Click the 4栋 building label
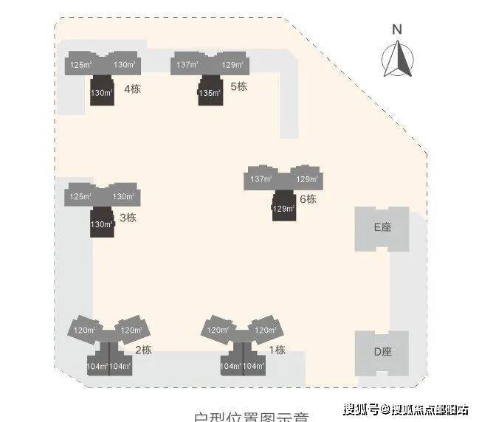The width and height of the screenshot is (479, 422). coord(132,90)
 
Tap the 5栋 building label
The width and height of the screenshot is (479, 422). coord(238,87)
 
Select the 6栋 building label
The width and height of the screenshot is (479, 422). coord(307,199)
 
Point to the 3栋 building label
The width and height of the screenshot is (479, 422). coord(128,218)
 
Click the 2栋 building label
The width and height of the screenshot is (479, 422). coord(142,350)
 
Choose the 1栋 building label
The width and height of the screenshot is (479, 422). coord(277,350)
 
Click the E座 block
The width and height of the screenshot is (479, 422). coord(382,228)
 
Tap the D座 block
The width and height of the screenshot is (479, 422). coord(382,352)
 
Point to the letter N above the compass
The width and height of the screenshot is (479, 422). coord(397,30)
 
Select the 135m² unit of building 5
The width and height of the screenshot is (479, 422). coord(209,94)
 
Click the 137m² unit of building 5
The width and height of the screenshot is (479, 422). coord(187,65)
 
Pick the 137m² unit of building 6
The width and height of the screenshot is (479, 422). coord(261,179)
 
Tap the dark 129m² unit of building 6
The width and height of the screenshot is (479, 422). coord(283,209)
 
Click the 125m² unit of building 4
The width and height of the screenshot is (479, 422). coord(80,66)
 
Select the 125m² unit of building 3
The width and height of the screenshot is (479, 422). coord(80,197)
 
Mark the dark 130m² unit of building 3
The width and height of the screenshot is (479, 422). coord(101,224)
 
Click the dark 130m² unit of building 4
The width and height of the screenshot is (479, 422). coord(101,94)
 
